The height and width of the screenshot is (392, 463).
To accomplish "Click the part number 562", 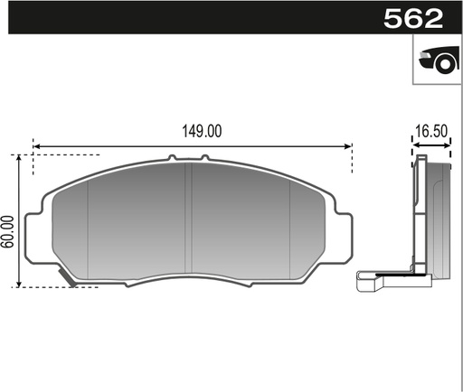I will point(413,18).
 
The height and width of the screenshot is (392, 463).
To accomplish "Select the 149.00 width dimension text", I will point(201,130).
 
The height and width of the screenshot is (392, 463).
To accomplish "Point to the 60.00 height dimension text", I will point(9,231).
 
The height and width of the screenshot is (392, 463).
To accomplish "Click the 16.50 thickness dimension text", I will point(430,130).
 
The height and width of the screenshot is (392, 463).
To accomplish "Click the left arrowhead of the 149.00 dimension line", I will point(36,145).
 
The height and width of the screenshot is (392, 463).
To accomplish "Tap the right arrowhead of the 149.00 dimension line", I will point(348,145).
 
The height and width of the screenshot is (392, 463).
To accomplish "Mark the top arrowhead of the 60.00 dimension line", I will point(19,158).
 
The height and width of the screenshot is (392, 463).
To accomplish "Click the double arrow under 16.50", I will point(430,145).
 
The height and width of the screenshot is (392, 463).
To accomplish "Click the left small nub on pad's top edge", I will point(171,159).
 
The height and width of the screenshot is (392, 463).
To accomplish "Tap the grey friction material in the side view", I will point(439,217).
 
